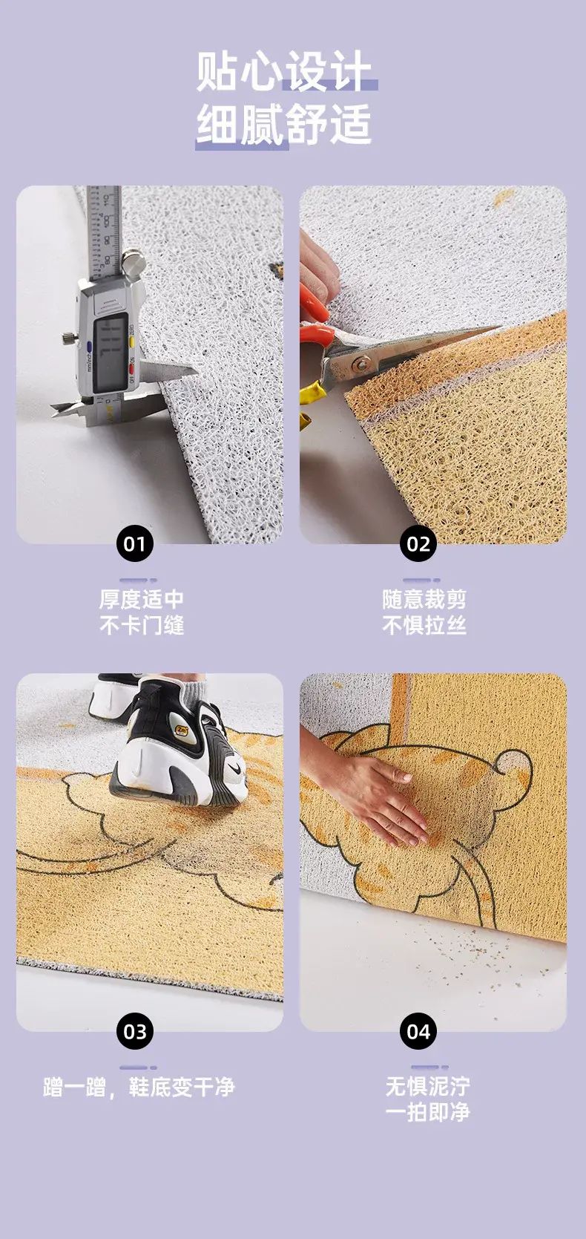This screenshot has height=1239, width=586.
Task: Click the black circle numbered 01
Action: [x=134, y=544]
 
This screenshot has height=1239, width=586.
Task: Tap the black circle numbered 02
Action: [x=418, y=544]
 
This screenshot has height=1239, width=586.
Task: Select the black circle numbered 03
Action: [x=134, y=1032]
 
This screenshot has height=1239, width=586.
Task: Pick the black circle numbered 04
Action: [x=418, y=1032]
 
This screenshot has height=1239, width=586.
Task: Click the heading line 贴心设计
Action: [x=283, y=71]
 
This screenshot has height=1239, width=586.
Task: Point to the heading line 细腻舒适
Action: [x=283, y=125]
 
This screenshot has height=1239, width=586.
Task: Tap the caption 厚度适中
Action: [x=142, y=599]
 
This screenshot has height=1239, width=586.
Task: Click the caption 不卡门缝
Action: [x=142, y=626]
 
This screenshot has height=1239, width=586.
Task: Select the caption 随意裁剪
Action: [x=424, y=599]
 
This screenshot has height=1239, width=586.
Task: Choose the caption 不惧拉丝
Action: [x=424, y=626]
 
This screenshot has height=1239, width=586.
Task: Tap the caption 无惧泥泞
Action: [x=427, y=1086]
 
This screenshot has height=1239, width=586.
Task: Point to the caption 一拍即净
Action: [x=427, y=1112]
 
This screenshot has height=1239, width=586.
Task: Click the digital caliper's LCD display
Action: [x=112, y=353]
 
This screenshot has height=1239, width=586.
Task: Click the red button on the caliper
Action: [x=131, y=367]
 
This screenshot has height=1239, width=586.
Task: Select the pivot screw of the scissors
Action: [x=363, y=364]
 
